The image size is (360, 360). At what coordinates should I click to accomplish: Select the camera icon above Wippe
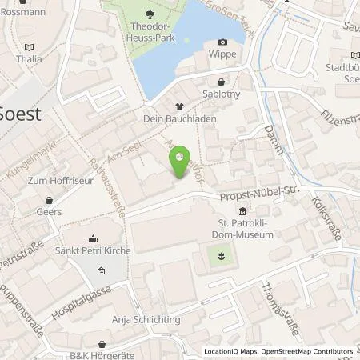click(x=222, y=42)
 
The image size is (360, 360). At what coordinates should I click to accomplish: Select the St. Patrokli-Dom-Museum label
click(x=241, y=230)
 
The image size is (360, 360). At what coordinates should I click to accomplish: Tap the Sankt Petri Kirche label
click(x=93, y=251)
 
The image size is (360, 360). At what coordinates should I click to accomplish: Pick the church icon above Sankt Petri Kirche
click(x=93, y=238)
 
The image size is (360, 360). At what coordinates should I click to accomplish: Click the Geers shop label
click(x=49, y=212)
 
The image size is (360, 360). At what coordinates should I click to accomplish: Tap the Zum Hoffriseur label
click(x=55, y=181)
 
